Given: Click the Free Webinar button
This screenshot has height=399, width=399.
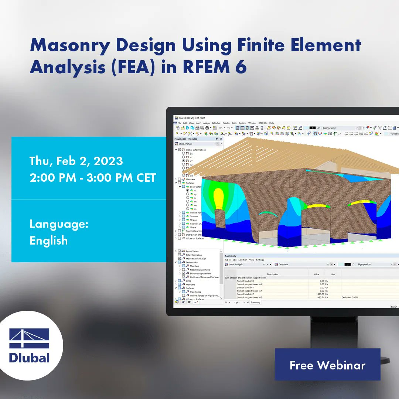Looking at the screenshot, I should pyautogui.click(x=327, y=365).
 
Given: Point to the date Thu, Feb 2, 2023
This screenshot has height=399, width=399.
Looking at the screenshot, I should pyautogui.click(x=76, y=161).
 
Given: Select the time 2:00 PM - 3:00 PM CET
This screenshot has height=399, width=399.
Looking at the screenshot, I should pyautogui.click(x=93, y=178).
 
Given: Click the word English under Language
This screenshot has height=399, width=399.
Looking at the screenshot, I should pyautogui.click(x=49, y=241).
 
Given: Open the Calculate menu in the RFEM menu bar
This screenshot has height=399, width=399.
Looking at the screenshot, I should pyautogui.click(x=216, y=123).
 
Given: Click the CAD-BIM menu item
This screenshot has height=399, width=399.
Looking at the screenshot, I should pyautogui.click(x=263, y=123).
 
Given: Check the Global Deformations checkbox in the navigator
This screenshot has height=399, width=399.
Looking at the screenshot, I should pyautogui.click(x=180, y=150).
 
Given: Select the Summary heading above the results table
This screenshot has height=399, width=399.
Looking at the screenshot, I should pyautogui.click(x=231, y=256).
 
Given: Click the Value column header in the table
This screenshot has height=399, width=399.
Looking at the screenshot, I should pyautogui.click(x=316, y=274).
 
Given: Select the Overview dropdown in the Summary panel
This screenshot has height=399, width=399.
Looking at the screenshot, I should pyautogui.click(x=301, y=265).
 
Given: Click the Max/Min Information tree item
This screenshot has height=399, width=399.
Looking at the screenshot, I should pyautogui.click(x=196, y=259).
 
